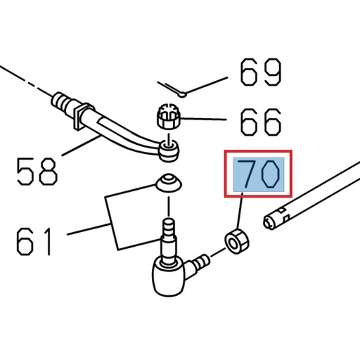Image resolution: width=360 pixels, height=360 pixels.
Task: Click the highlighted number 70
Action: click(259, 174)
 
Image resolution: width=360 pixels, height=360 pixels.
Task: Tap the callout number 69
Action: click(260, 73)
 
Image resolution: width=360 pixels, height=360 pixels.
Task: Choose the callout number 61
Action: click(34, 240)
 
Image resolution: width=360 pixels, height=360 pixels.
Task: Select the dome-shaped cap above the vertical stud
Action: click(167, 183)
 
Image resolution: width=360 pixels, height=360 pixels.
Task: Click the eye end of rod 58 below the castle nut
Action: click(169, 148)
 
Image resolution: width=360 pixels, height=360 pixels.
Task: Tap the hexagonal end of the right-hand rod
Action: click(268, 224)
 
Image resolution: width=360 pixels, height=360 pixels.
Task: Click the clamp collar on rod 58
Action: click(86, 112)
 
